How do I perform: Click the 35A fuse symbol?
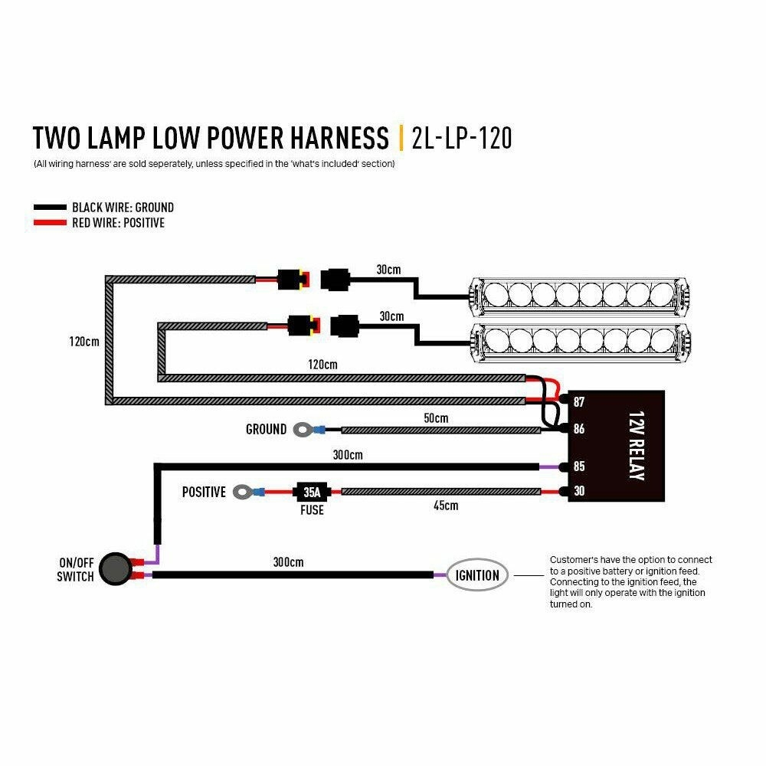(313, 491)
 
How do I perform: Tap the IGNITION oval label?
(477, 575)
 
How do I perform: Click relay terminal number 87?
(578, 402)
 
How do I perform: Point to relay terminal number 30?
(578, 491)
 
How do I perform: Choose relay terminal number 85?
(578, 466)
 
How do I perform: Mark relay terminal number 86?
(578, 429)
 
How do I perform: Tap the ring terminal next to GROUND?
(302, 430)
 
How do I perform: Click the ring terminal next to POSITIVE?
(243, 491)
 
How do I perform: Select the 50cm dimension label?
(435, 418)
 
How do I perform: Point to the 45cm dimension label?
(445, 506)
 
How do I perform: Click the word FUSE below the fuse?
(312, 509)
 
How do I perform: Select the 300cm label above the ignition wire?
(288, 562)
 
